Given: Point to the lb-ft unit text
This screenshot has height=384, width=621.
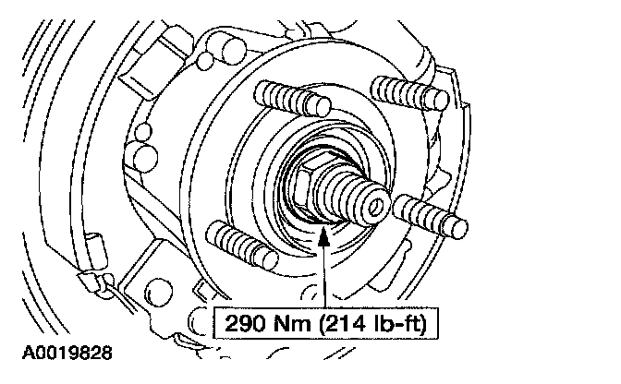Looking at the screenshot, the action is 396,323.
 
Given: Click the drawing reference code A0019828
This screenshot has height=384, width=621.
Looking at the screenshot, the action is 67,353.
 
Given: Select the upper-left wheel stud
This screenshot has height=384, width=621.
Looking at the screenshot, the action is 292,99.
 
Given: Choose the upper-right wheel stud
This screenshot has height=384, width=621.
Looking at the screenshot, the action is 410,93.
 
